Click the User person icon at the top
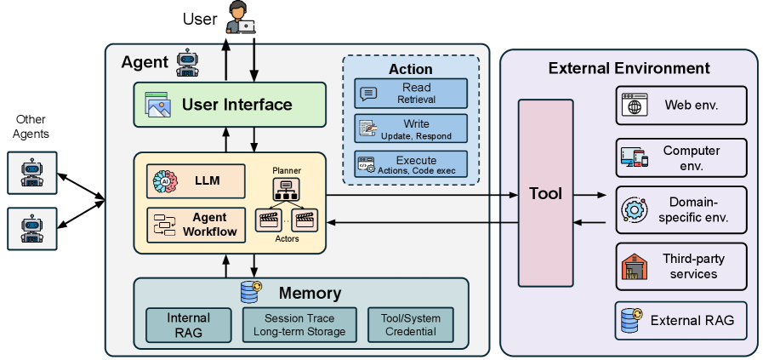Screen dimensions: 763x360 pos(241,18)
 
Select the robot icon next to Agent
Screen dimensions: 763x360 pos(187,63)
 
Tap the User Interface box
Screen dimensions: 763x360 pos(230,105)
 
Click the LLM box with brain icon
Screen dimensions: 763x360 pos(196,181)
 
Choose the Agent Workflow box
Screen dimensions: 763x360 pos(196,225)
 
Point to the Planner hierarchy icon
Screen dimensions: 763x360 pos(286,189)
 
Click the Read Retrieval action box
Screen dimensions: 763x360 pos(411,93)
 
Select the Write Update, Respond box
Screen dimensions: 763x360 pos(411,129)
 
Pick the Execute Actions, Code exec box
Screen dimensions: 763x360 pos(411,164)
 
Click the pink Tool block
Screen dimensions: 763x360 pos(545,193)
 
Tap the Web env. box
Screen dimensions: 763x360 pos(681,106)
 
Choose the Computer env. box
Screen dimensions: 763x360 pos(681,157)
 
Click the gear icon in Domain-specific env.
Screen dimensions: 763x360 pos(635,210)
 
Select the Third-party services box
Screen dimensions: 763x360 pos(681,266)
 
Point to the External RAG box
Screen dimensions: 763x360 pos(681,321)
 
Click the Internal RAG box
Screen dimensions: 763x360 pos(189,325)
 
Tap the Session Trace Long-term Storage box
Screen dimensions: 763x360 pos(299,325)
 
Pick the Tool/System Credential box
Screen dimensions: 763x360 pos(411,325)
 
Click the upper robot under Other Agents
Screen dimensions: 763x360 pos(32,173)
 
